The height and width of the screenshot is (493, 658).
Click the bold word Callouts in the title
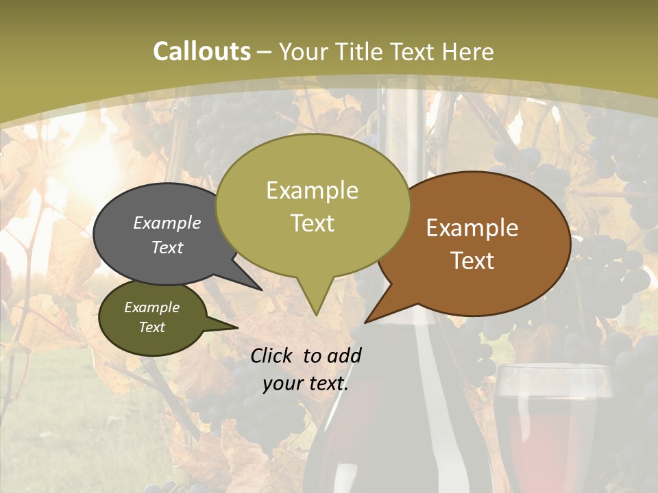tap(202, 52)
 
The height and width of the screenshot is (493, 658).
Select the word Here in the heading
tap(468, 52)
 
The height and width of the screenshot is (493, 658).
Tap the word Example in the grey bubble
tap(167, 223)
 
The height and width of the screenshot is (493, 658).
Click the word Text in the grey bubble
tap(167, 247)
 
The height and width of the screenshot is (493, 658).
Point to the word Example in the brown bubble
tap(472, 228)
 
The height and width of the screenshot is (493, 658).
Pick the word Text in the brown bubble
tap(472, 261)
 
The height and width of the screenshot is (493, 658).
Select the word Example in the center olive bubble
tap(312, 190)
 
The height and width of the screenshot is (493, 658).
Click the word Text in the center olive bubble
tap(312, 223)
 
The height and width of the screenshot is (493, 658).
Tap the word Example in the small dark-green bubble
tap(151, 307)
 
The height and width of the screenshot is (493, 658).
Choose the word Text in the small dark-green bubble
tap(151, 327)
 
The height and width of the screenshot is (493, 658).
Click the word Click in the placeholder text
tap(273, 355)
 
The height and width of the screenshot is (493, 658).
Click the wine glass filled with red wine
tap(552, 425)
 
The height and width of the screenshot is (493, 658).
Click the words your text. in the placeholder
tap(305, 383)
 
